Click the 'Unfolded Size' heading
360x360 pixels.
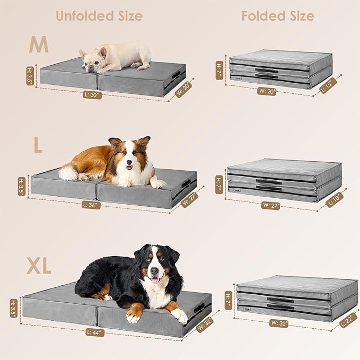pyautogui.click(x=99, y=16)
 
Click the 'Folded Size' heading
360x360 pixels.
pyautogui.click(x=278, y=16)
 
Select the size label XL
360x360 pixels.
pyautogui.click(x=39, y=267)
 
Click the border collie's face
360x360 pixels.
pyautogui.click(x=128, y=157)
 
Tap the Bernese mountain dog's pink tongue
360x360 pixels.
pyautogui.click(x=155, y=279)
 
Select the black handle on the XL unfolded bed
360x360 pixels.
pyautogui.click(x=199, y=308)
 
